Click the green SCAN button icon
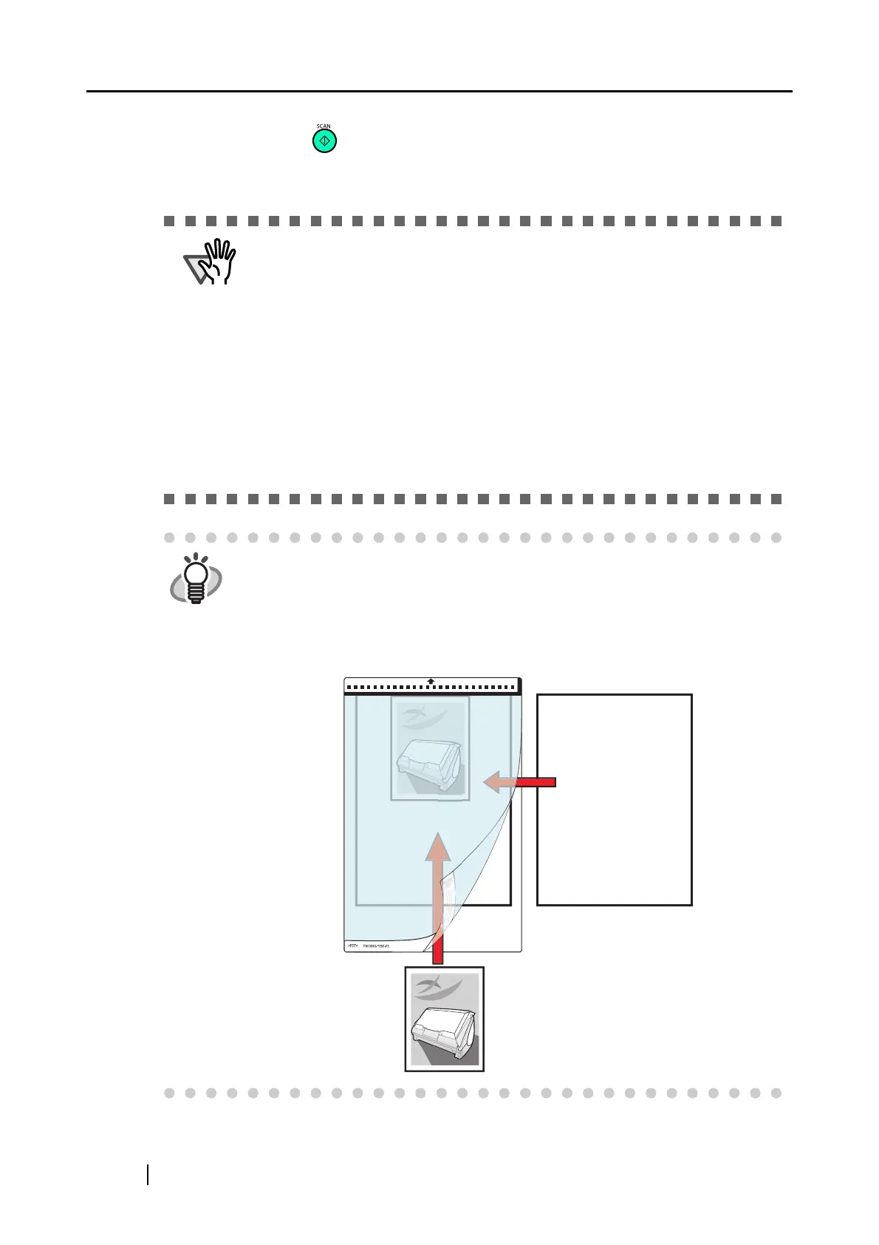[x=324, y=141]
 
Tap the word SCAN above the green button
[x=324, y=126]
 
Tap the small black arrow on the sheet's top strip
[x=431, y=681]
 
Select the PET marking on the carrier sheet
[x=352, y=946]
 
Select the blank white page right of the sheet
[x=614, y=799]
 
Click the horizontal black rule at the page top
[x=439, y=92]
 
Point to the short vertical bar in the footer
[x=148, y=1175]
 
